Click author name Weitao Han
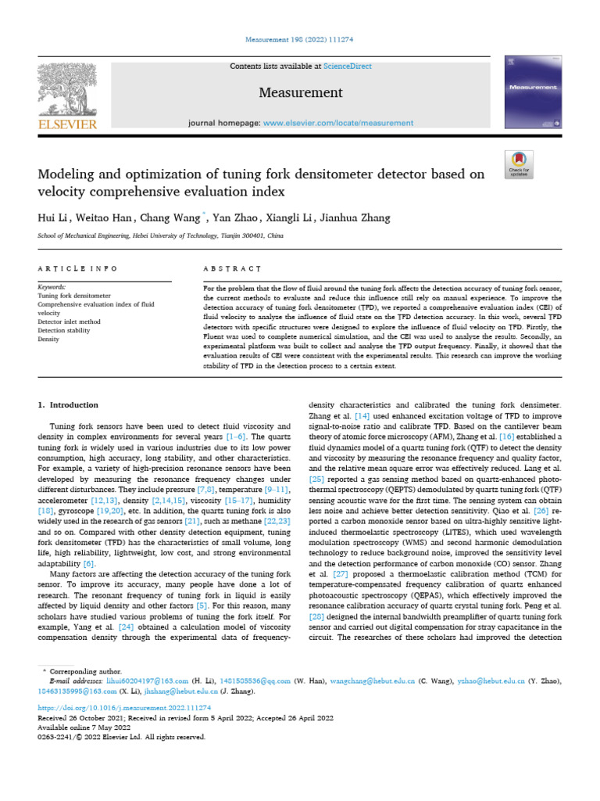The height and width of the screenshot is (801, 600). pos(108,217)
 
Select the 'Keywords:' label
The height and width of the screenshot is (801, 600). pos(52,287)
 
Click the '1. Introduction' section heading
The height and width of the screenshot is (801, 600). pos(69,405)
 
